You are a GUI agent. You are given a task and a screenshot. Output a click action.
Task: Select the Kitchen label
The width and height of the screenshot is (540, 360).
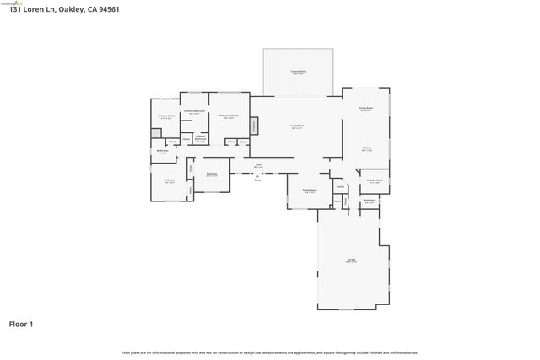[367, 149]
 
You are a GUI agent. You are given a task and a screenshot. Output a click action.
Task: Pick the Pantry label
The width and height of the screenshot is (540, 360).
[340, 187]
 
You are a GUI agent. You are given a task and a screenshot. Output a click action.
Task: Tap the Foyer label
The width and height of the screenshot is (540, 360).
[258, 165]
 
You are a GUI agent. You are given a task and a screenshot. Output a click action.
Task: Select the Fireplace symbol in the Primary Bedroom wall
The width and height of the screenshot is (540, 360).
[254, 126]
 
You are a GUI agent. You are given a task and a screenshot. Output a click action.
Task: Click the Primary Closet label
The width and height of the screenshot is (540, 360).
[166, 116]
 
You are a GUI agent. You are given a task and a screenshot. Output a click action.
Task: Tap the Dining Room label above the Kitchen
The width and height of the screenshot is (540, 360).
[365, 109]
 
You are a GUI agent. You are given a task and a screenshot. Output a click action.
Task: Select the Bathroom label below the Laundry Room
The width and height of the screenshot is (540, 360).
[370, 201]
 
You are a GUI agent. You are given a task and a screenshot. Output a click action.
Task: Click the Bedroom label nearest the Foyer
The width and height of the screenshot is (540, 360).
[212, 175]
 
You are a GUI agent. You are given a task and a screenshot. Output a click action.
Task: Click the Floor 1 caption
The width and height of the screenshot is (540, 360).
[22, 324]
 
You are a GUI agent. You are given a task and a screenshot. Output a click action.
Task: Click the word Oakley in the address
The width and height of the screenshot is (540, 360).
[71, 9]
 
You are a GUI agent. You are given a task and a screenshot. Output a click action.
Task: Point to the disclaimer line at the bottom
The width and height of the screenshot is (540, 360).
[269, 352]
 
